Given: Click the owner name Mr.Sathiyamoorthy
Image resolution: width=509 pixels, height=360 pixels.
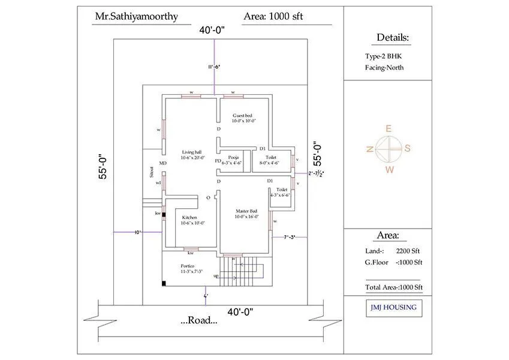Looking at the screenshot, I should (136, 16).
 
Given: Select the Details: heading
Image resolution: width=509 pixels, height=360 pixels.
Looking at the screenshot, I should (393, 38).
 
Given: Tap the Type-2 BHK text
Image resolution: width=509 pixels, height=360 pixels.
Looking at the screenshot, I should (384, 56).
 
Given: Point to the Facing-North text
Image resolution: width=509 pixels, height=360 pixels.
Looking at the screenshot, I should (384, 67).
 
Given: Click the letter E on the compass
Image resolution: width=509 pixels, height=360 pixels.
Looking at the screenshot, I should (388, 128).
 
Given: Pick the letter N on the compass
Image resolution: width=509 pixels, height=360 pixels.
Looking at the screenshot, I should (370, 149).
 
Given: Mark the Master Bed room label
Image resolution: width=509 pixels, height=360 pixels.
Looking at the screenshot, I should (246, 213).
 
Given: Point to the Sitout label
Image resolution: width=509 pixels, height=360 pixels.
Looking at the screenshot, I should (152, 172).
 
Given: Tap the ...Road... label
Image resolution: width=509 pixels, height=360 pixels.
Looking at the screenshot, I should (198, 320).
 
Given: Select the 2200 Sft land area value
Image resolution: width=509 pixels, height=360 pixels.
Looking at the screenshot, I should (408, 251).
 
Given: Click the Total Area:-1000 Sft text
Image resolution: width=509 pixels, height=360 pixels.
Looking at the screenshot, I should (394, 287).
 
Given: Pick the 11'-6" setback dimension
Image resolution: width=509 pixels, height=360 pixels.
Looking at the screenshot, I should (214, 67).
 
